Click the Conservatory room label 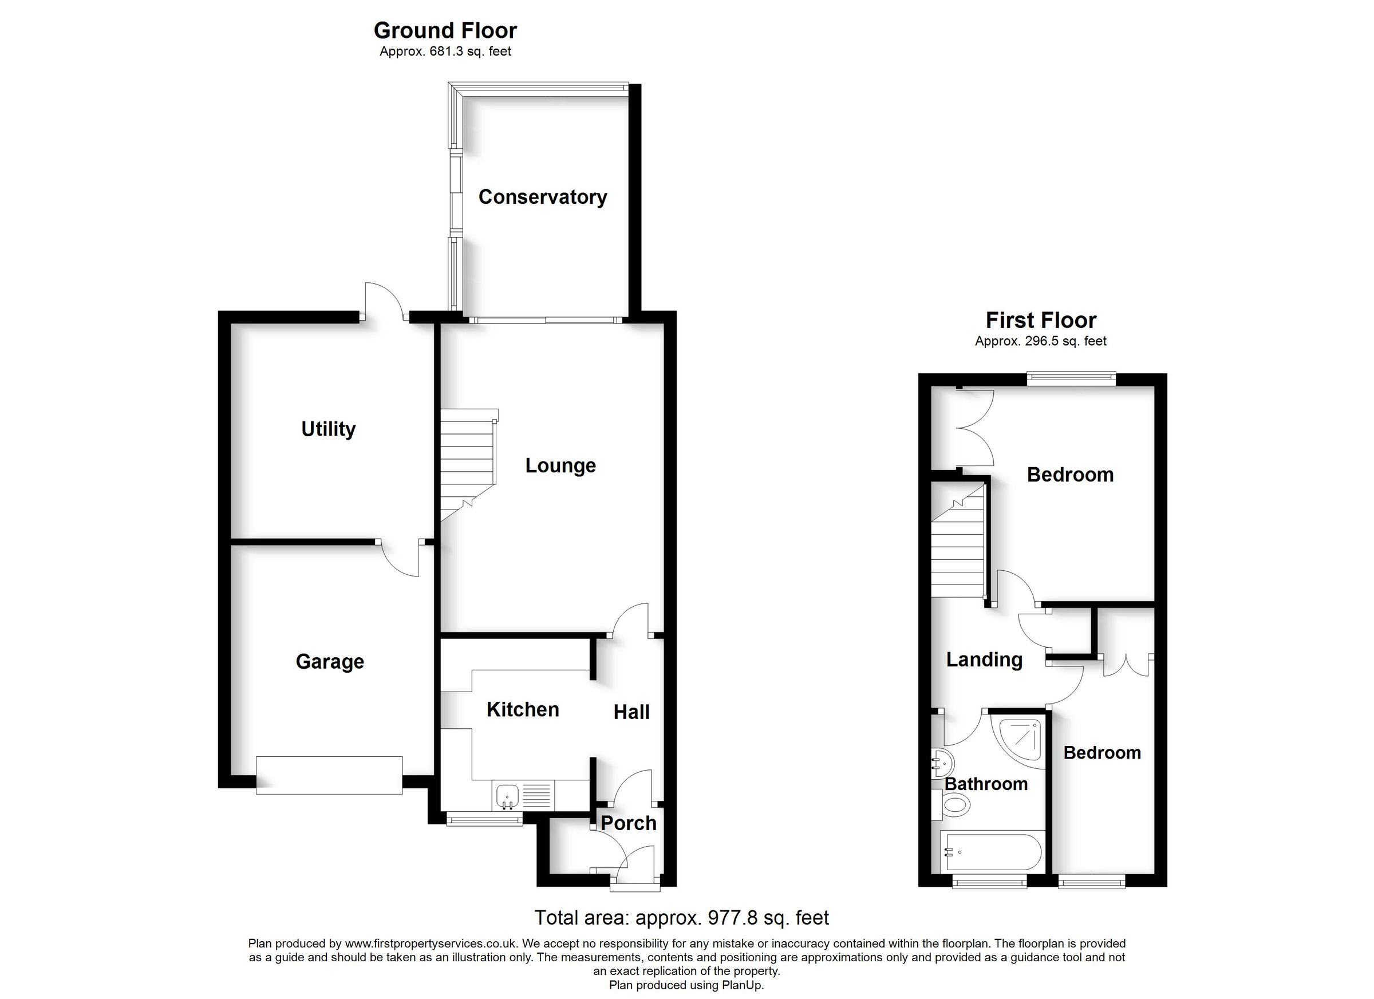pos(542,197)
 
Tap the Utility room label pos(329,429)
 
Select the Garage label pos(330,661)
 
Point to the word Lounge pos(560,465)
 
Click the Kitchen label pos(522,709)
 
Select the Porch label pos(628,823)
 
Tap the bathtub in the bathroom pos(990,852)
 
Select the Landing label pos(984,659)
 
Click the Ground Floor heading pos(445,30)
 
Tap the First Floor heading pos(1041,320)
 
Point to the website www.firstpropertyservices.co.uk pos(431,943)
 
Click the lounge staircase pos(468,464)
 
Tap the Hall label pos(631,712)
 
